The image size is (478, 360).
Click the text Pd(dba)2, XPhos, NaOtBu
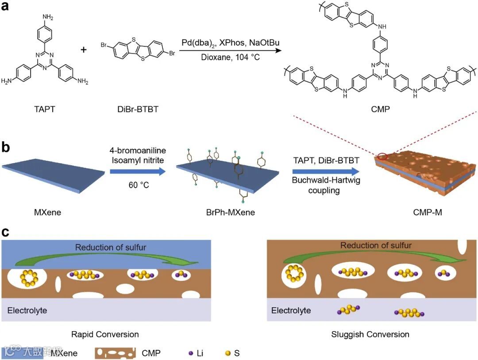[x=230, y=42]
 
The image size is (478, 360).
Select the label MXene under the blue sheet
[x=47, y=213]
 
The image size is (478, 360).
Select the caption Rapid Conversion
[x=105, y=334]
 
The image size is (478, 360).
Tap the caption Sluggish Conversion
[x=370, y=334]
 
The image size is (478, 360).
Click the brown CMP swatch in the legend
[x=115, y=353]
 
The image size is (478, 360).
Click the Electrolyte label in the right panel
[x=291, y=310]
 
